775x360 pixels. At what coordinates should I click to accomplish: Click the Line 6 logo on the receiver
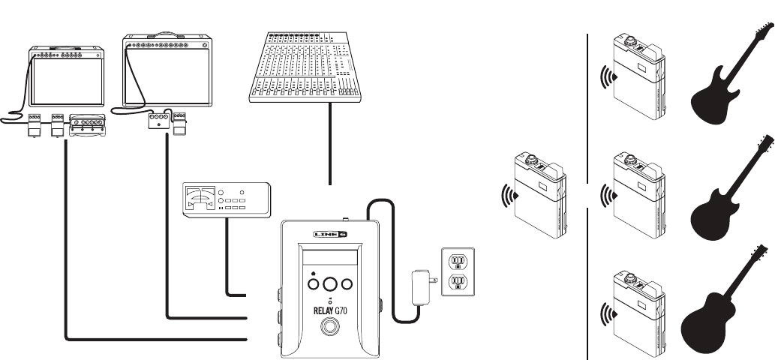pyautogui.click(x=330, y=235)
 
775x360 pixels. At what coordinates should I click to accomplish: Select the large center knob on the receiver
pyautogui.click(x=330, y=283)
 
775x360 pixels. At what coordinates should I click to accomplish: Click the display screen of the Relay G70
pyautogui.click(x=330, y=254)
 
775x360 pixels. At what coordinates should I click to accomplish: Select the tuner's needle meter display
pyautogui.click(x=200, y=199)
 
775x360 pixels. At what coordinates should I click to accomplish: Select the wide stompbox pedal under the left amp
pyautogui.click(x=87, y=127)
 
